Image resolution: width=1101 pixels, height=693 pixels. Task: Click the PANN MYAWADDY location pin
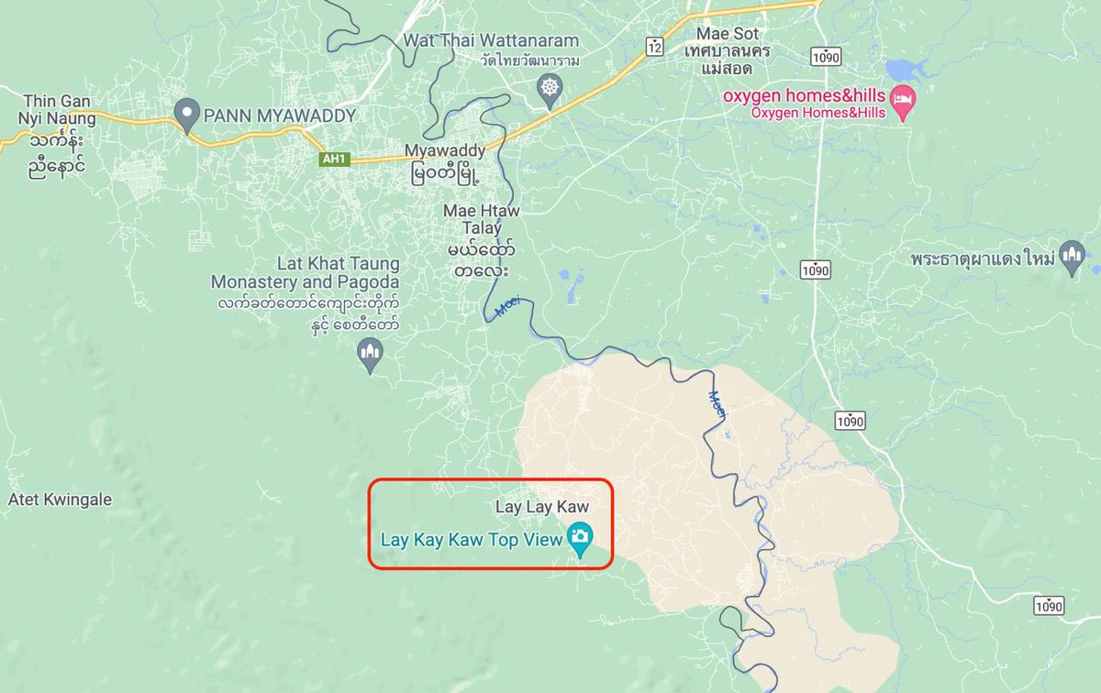pyautogui.click(x=187, y=115)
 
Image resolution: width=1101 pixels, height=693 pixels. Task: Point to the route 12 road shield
pyautogui.click(x=653, y=47)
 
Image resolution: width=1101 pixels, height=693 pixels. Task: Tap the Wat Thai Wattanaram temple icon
pyautogui.click(x=549, y=90)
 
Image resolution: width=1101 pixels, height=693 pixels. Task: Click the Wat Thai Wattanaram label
pyautogui.click(x=491, y=41)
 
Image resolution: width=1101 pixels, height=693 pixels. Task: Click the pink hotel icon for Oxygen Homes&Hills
pyautogui.click(x=904, y=107)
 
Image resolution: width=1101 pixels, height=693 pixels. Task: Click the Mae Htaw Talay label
pyautogui.click(x=481, y=220)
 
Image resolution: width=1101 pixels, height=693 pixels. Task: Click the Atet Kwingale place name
pyautogui.click(x=60, y=500)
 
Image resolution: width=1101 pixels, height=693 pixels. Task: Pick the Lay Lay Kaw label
pyautogui.click(x=541, y=506)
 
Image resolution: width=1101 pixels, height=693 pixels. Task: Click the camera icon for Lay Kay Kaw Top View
pyautogui.click(x=579, y=538)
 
